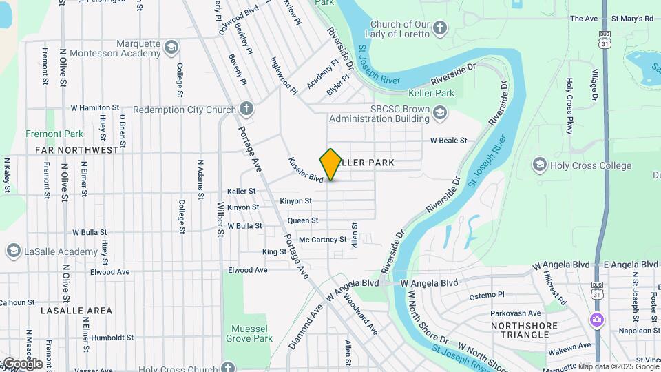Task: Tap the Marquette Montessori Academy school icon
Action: click(x=171, y=48)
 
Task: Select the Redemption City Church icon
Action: click(x=246, y=110)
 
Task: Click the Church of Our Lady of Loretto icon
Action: click(x=440, y=28)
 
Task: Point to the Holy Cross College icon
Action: click(x=540, y=165)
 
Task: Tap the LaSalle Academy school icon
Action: click(x=12, y=251)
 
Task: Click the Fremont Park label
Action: click(x=54, y=134)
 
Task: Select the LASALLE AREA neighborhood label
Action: click(x=76, y=311)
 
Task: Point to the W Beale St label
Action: click(x=448, y=141)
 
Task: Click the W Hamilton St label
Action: click(x=95, y=108)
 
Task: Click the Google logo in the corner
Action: click(x=22, y=363)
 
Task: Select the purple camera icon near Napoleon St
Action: click(x=596, y=320)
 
